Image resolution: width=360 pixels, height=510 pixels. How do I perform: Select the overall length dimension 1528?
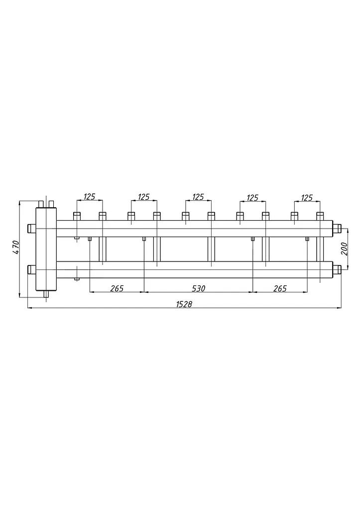(x=184, y=304)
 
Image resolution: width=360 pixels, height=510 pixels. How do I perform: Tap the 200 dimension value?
(x=345, y=249)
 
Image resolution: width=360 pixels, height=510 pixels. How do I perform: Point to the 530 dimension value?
(x=198, y=288)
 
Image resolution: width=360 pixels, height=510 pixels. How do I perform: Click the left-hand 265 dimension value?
(x=117, y=288)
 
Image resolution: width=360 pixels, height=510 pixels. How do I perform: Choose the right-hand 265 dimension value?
(x=280, y=288)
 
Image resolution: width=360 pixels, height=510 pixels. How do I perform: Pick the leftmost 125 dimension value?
(x=89, y=196)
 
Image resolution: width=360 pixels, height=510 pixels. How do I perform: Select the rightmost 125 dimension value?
(x=307, y=198)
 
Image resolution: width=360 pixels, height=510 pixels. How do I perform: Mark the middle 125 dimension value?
(x=198, y=197)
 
